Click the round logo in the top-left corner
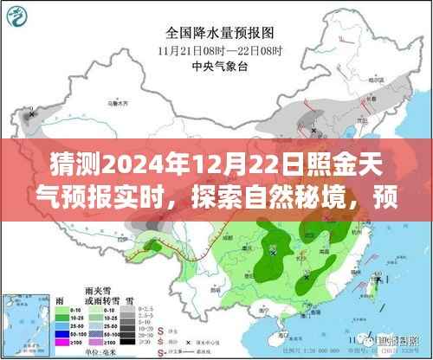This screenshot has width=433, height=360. point(23,19)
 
